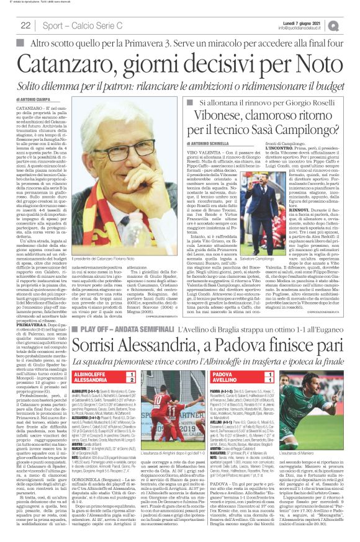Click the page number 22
point(25,25)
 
